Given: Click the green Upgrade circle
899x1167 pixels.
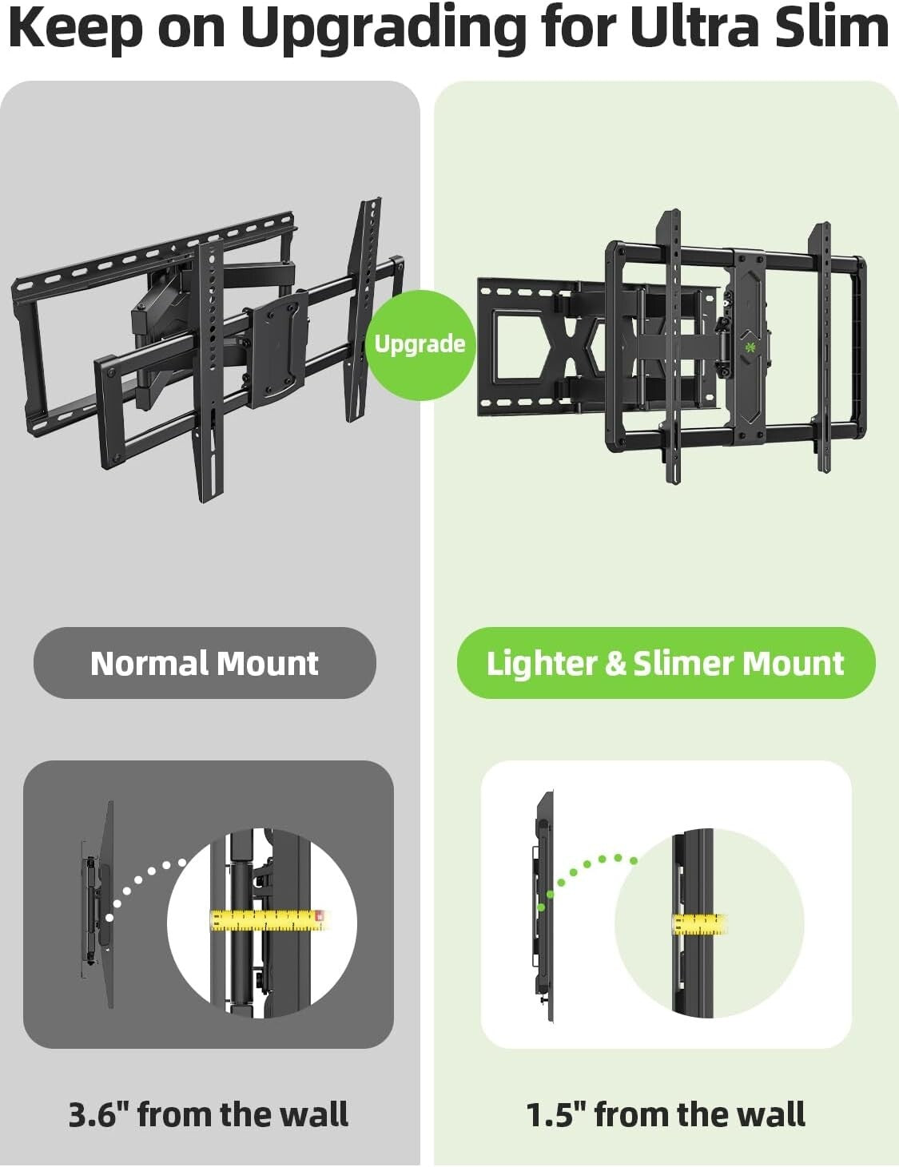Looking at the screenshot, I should tap(420, 344).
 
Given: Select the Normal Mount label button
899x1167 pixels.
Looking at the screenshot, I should tap(205, 663).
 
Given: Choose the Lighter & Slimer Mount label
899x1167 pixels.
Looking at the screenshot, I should tap(666, 663).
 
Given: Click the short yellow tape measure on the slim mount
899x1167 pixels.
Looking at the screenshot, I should tap(699, 924).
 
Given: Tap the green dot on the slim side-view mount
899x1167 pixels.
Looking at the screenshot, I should tap(542, 907).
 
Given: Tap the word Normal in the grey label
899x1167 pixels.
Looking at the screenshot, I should tap(148, 663).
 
